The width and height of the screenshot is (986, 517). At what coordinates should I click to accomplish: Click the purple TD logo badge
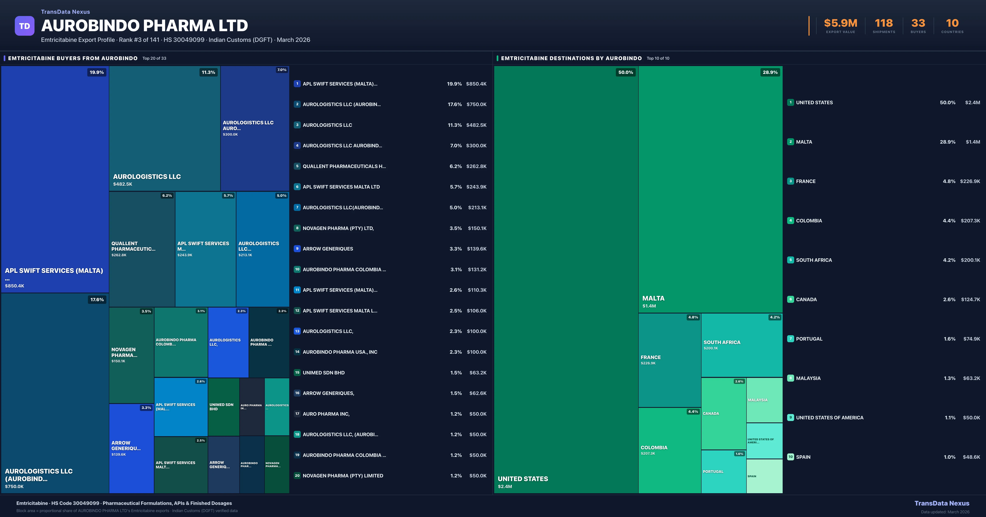tap(24, 26)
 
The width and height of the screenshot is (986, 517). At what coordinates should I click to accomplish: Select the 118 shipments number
tap(883, 23)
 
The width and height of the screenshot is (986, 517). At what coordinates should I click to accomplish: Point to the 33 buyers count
tap(918, 23)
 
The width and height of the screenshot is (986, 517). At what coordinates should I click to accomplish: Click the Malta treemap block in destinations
tap(710, 189)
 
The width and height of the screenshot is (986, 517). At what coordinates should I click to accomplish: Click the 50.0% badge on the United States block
tap(625, 72)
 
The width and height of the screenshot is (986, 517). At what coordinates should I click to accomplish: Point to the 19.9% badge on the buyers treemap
tap(97, 72)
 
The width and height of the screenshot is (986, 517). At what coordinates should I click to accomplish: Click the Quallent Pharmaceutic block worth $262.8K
tap(142, 249)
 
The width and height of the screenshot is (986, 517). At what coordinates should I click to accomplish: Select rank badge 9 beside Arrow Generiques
tap(297, 249)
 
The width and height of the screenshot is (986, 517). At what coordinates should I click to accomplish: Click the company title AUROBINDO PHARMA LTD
tap(144, 26)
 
